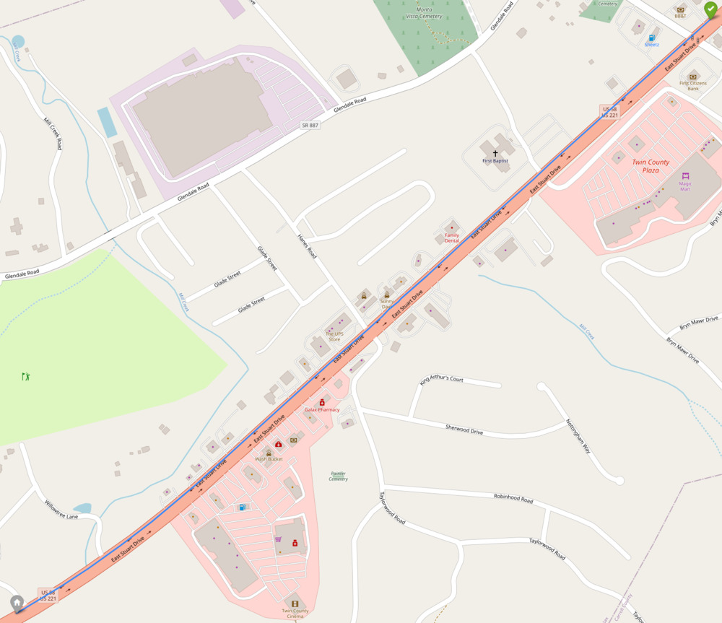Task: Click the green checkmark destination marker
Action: [711, 9]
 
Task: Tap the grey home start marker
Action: [17, 602]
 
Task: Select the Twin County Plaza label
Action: [651, 166]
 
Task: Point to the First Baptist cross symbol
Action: [495, 153]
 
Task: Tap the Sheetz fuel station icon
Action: [652, 38]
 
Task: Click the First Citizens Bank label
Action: [693, 86]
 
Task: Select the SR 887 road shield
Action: [310, 125]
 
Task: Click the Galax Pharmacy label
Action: [322, 409]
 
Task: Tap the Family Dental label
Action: [452, 238]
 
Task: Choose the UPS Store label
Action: [334, 336]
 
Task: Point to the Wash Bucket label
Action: [269, 459]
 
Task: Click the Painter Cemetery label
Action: [338, 476]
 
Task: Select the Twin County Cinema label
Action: [295, 614]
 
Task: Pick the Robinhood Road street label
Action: [513, 499]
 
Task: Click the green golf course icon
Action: [27, 376]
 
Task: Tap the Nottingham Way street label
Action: [578, 436]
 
